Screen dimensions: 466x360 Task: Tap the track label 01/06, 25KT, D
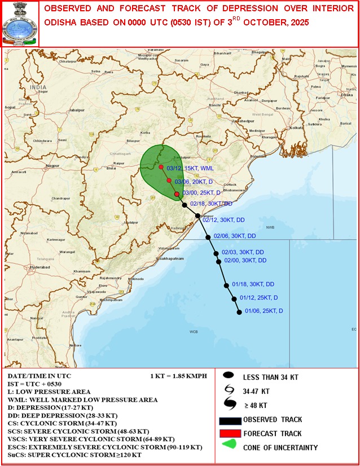[264, 311]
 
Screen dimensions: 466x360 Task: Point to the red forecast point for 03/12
[161, 168]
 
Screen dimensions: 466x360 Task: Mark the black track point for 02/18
[185, 205]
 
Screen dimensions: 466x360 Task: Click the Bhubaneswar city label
[238, 191]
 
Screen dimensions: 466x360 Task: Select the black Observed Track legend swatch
[230, 420]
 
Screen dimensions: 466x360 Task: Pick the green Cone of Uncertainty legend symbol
[228, 446]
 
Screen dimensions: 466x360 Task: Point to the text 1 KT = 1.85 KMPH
[179, 376]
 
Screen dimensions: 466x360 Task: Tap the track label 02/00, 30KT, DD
[245, 261]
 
